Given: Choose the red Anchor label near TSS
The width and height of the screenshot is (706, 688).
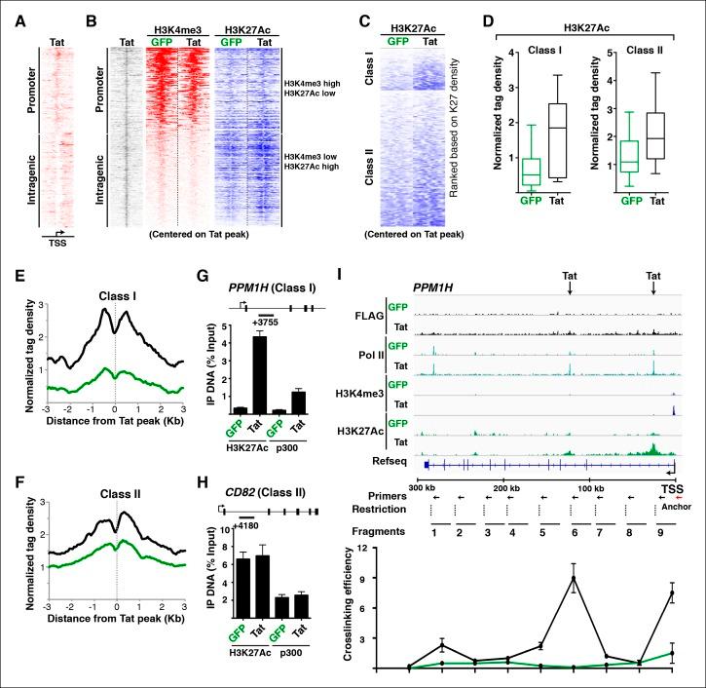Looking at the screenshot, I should (672, 506).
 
